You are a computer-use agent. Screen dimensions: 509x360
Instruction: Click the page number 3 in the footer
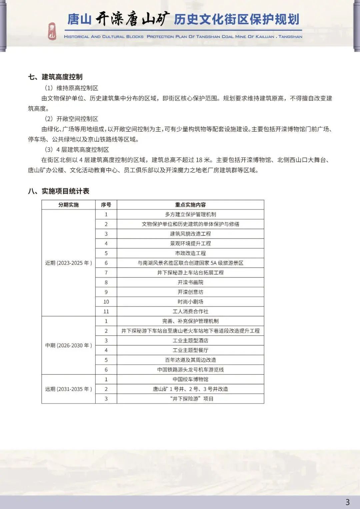point(348,502)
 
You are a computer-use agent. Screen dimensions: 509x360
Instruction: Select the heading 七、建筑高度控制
point(55,77)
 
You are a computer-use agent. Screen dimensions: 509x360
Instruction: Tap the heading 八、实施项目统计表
point(59,191)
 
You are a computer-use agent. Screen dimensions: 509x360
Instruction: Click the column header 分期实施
point(68,205)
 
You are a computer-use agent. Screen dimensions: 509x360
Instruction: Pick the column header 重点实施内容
point(190,205)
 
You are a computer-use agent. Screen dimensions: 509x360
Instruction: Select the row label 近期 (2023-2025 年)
point(68,263)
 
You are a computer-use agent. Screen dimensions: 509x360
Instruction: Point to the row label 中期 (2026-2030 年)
point(68,345)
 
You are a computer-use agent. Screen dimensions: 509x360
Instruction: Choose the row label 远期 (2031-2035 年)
point(68,389)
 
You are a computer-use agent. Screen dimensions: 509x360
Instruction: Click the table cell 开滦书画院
point(190,282)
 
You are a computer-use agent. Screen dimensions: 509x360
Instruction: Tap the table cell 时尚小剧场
point(190,302)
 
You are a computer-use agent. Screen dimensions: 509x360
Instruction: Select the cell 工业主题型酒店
point(190,341)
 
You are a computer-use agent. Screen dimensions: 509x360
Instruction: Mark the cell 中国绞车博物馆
point(190,379)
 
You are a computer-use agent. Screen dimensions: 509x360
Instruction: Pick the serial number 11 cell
point(106,311)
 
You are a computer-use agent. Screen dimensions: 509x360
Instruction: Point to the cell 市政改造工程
point(190,253)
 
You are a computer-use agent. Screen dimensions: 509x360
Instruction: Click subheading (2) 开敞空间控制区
point(71,119)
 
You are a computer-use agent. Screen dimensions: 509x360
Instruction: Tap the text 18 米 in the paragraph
point(203,160)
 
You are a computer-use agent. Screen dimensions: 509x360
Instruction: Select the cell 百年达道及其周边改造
point(190,360)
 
